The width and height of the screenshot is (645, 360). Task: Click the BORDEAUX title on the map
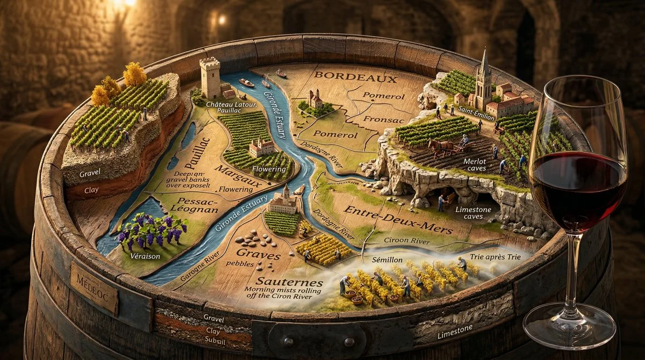click(356, 77)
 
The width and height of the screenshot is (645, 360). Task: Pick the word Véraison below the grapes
click(145, 256)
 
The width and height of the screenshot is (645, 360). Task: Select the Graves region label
click(260, 253)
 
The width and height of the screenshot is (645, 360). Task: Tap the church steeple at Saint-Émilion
click(484, 75)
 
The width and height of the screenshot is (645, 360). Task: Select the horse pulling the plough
click(439, 147)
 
